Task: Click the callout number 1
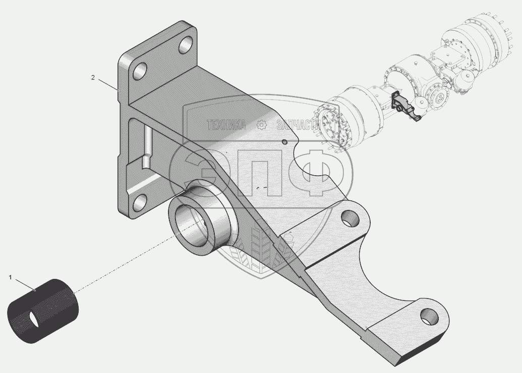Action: click(x=10, y=277)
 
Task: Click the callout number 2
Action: click(x=93, y=78)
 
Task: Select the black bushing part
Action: click(x=43, y=311)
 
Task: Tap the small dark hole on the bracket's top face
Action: click(x=284, y=142)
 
